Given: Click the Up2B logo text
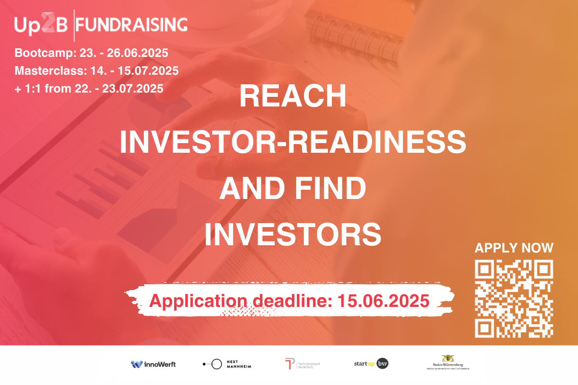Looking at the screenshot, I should (x=41, y=25).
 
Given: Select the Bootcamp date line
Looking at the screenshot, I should (x=91, y=53).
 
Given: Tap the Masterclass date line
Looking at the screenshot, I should (x=96, y=71).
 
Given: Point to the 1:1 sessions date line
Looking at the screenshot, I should (x=89, y=89).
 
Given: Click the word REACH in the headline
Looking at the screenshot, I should (x=293, y=97).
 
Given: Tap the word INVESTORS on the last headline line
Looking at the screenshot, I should (x=293, y=235).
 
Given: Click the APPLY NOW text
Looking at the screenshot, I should (x=514, y=248).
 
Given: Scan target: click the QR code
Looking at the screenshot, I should (x=514, y=299).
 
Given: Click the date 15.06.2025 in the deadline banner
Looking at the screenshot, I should (x=384, y=301).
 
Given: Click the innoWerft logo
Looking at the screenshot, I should (x=153, y=364).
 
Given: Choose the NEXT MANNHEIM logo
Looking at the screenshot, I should (x=227, y=364).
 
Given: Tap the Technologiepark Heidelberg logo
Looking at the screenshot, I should (x=303, y=364).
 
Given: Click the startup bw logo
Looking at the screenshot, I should (x=371, y=364).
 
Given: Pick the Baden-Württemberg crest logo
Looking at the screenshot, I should (x=448, y=362).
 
